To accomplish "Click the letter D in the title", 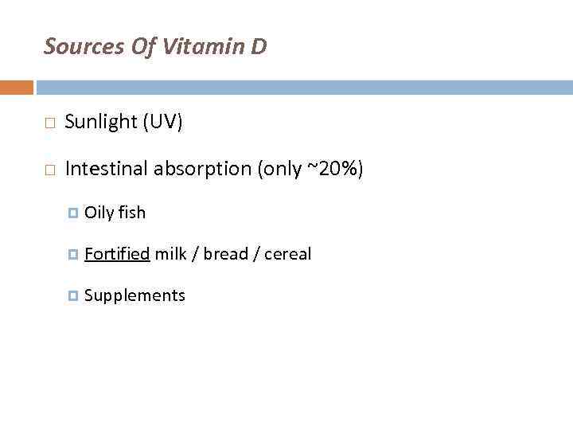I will (x=259, y=47).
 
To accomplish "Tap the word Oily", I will (x=99, y=213).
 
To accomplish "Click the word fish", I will (x=132, y=213).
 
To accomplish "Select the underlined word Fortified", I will (x=117, y=254).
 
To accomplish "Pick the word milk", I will (x=170, y=254).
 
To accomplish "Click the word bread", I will (x=225, y=254).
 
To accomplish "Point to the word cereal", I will (x=287, y=254).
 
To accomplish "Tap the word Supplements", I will (x=134, y=296).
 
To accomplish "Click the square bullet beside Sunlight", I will (x=49, y=123).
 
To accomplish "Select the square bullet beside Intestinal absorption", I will (x=49, y=170).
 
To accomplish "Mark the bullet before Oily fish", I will (x=73, y=213).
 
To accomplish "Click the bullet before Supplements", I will (x=73, y=296).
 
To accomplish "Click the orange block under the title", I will (x=16, y=87).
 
